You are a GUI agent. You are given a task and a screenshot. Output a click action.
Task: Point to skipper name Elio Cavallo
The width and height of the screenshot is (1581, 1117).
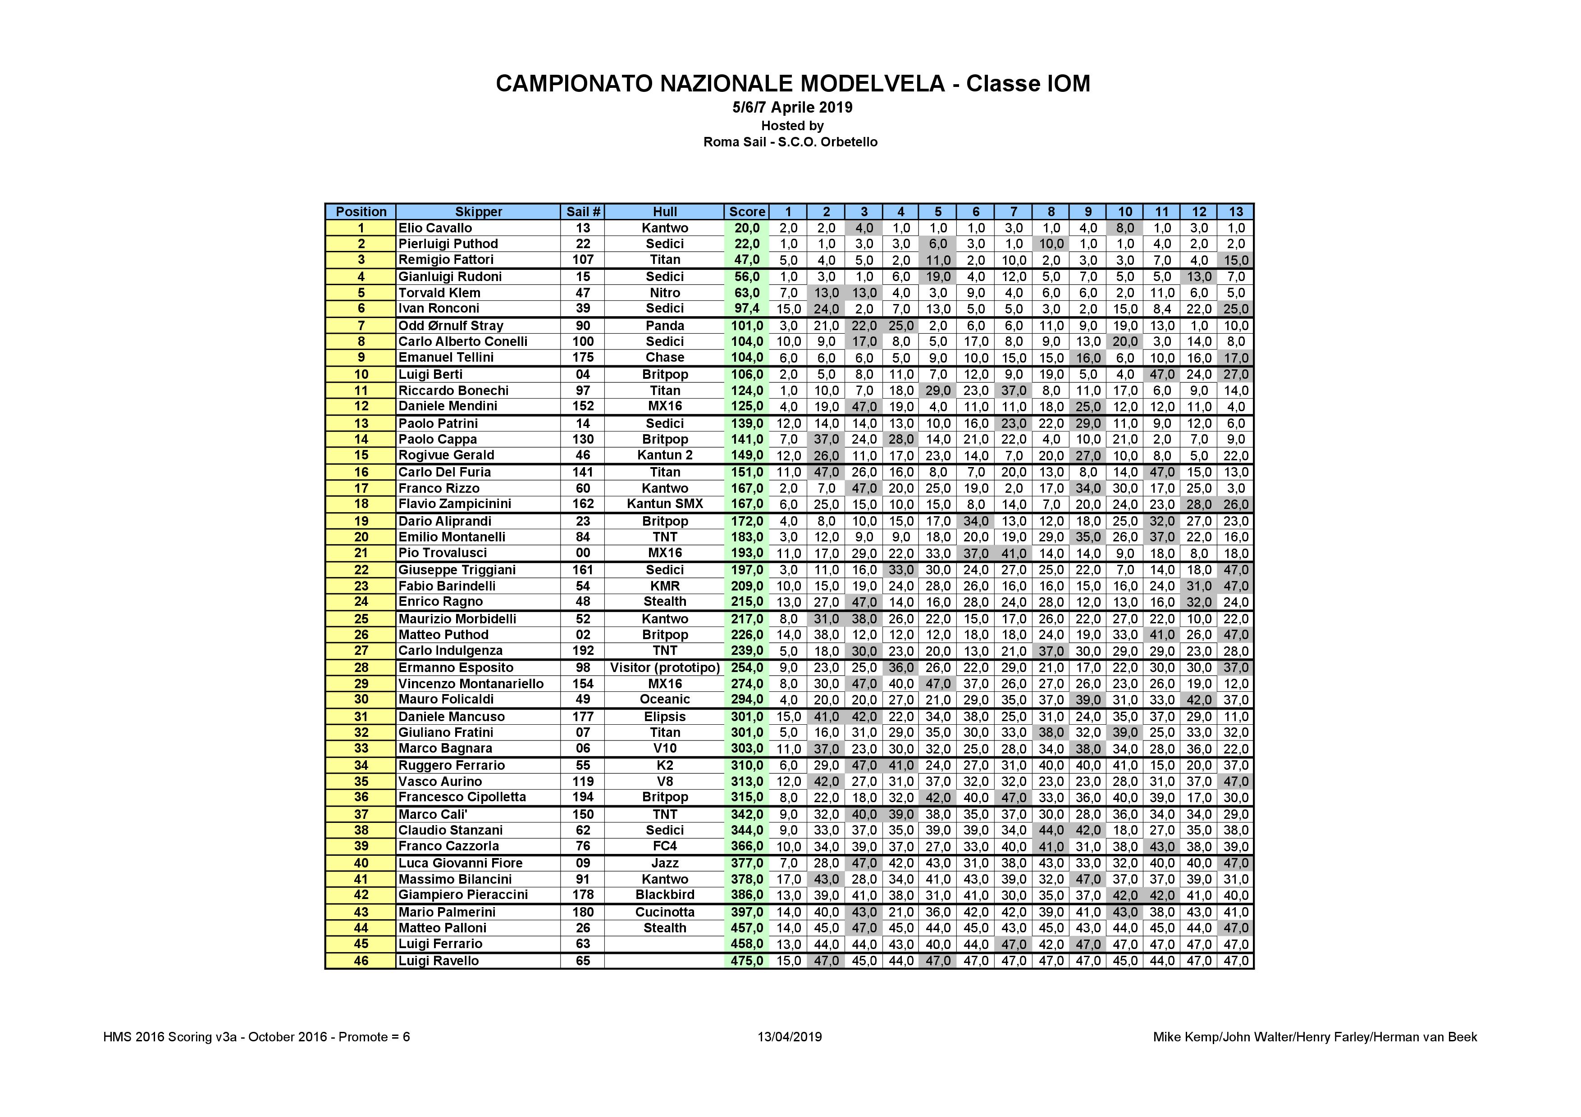[x=435, y=228]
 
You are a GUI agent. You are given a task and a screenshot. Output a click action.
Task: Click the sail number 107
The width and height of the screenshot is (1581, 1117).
[x=583, y=259]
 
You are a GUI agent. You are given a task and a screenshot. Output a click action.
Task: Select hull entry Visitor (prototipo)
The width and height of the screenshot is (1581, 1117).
[x=664, y=667]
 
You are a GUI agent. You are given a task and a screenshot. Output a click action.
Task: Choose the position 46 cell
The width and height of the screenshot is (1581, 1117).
[x=361, y=961]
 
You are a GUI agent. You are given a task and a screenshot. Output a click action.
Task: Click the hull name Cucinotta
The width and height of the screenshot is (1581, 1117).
[x=664, y=912]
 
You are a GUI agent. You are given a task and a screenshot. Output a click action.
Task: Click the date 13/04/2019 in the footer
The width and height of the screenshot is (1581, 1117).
[x=789, y=1037]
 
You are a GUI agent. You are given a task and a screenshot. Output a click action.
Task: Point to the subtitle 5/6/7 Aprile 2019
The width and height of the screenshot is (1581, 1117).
[x=792, y=107]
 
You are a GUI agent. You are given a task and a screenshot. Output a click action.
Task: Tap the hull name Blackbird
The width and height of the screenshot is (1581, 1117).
[x=664, y=895]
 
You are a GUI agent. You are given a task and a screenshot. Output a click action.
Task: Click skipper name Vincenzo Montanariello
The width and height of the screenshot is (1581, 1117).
[x=471, y=683]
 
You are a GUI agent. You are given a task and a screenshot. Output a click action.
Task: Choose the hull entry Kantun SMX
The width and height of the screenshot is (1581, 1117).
[x=664, y=504]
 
